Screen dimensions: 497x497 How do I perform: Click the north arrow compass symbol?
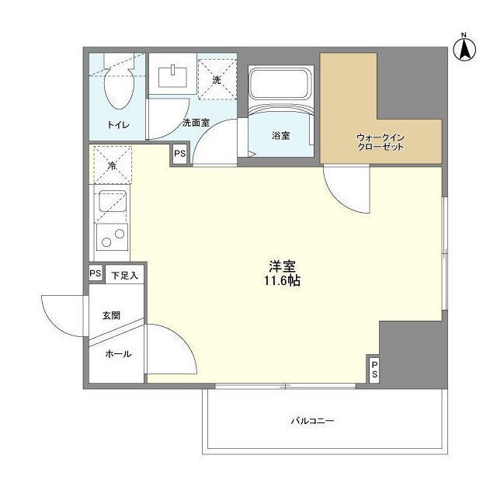pyautogui.click(x=464, y=49)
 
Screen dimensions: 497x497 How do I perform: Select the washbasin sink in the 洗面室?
pyautogui.click(x=172, y=76)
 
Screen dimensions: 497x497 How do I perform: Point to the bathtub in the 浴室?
pyautogui.click(x=281, y=83)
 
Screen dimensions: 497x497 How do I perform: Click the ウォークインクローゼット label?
pyautogui.click(x=381, y=142)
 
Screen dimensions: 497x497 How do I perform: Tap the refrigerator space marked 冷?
pyautogui.click(x=112, y=165)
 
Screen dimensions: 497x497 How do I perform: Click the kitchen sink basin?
pyautogui.click(x=112, y=201)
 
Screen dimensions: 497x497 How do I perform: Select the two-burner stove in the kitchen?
pyautogui.click(x=112, y=238)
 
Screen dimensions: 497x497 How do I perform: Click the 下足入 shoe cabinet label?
pyautogui.click(x=124, y=276)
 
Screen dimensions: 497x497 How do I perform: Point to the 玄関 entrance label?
pyautogui.click(x=111, y=316)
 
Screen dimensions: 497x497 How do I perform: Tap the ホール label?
pyautogui.click(x=118, y=354)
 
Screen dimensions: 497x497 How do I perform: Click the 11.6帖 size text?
pyautogui.click(x=282, y=281)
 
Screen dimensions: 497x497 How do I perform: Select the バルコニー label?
pyautogui.click(x=312, y=421)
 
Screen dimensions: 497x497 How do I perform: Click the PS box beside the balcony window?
pyautogui.click(x=374, y=369)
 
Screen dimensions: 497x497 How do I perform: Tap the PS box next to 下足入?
pyautogui.click(x=96, y=273)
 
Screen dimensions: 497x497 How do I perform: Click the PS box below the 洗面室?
pyautogui.click(x=179, y=154)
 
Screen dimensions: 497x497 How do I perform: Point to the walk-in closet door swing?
pyautogui.click(x=346, y=189)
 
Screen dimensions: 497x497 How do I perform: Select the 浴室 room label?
pyautogui.click(x=281, y=136)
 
